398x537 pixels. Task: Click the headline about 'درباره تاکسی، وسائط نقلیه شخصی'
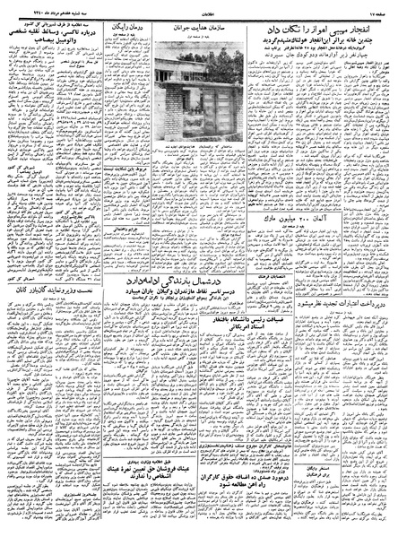[x=54, y=37]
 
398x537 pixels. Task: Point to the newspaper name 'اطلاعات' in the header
[x=200, y=10]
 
